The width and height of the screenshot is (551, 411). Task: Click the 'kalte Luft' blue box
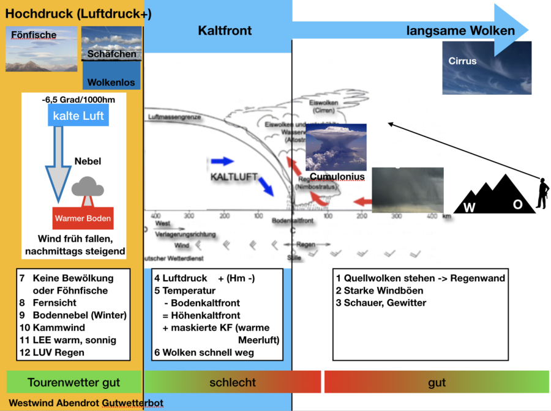[78, 116]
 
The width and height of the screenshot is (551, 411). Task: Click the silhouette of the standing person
[541, 194]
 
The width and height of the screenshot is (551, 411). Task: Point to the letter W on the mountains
[470, 207]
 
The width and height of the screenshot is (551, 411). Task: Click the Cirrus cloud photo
[487, 68]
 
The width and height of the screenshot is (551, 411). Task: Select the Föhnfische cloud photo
[42, 49]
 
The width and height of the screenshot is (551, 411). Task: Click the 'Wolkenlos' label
[111, 82]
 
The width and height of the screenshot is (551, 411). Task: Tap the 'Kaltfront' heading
[225, 31]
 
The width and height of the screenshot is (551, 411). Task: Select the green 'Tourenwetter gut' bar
[74, 383]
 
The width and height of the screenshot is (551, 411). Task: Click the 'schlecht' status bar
[233, 383]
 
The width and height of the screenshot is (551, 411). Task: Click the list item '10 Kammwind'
[55, 328]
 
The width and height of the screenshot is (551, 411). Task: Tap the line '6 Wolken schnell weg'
[204, 352]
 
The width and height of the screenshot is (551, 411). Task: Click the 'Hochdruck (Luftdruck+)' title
[78, 13]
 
